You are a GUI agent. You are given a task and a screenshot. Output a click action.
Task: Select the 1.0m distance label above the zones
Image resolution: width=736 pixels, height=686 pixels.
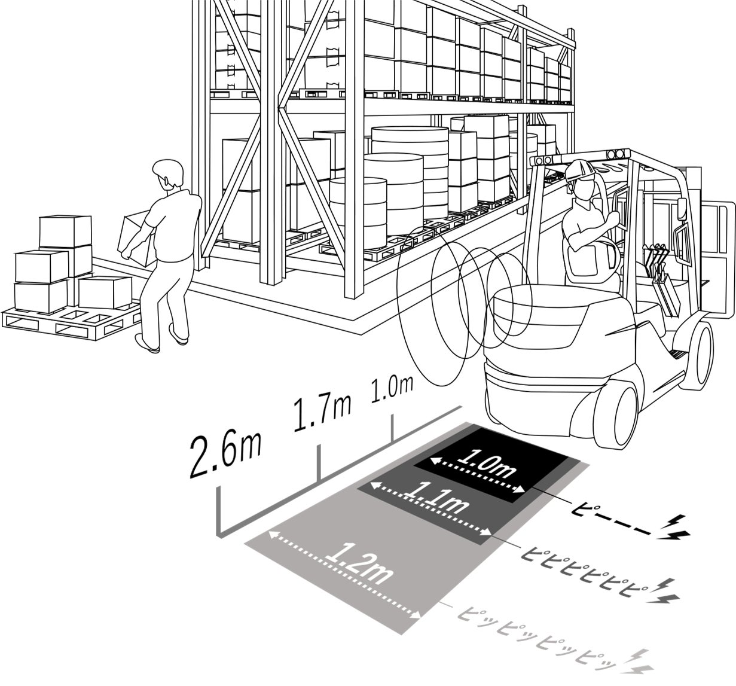(x=392, y=391)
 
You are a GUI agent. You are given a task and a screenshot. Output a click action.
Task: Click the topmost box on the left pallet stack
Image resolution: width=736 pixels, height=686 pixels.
(x=65, y=230)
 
